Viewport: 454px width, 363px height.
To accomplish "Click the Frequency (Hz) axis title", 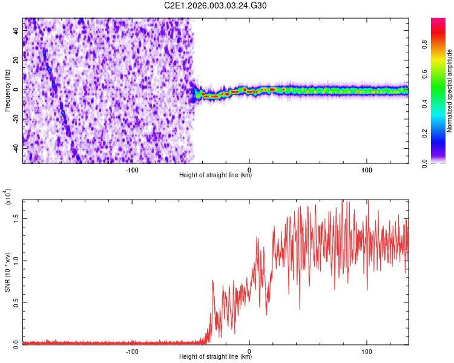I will tap(8, 90).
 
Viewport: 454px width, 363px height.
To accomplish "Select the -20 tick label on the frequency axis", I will tap(16, 119).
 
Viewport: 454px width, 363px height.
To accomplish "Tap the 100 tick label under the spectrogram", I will tap(366, 169).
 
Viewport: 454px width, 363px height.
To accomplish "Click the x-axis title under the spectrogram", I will tap(215, 175).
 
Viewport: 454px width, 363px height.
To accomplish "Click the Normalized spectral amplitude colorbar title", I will tap(449, 91).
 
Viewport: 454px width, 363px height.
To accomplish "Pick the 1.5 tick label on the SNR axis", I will tap(17, 218).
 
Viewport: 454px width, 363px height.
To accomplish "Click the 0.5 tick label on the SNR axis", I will tap(17, 302).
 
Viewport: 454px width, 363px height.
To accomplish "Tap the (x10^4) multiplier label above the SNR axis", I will tap(8, 197).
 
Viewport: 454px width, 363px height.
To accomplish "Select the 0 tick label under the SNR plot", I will tap(249, 350).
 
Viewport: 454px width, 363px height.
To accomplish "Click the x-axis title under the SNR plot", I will tap(215, 357).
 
